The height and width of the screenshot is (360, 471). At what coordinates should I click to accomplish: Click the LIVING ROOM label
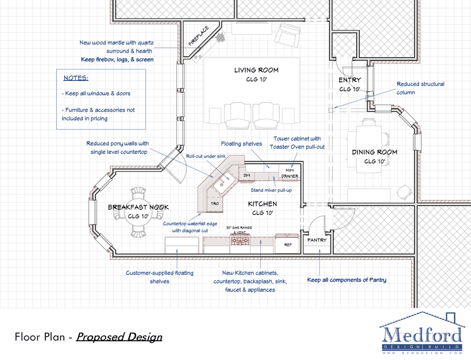click(256, 70)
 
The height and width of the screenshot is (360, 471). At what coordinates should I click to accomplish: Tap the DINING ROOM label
click(375, 152)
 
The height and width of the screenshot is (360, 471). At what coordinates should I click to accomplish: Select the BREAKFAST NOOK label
click(138, 207)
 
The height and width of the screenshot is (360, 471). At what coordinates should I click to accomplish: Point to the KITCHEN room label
click(262, 204)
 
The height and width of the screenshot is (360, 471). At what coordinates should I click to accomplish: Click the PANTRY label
click(316, 240)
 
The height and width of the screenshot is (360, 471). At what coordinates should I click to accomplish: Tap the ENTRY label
click(350, 80)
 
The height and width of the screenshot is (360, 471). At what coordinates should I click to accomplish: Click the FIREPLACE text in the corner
click(199, 36)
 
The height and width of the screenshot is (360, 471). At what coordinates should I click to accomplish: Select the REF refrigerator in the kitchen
click(288, 244)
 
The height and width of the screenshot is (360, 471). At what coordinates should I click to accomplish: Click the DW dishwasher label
click(246, 175)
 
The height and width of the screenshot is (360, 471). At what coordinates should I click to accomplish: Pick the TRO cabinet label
click(215, 204)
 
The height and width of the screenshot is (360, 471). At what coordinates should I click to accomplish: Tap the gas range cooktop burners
click(240, 240)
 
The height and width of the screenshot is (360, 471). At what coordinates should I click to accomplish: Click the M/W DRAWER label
click(290, 173)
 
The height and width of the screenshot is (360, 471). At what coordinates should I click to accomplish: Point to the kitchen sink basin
click(224, 182)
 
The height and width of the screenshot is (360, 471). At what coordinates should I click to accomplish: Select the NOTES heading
click(76, 78)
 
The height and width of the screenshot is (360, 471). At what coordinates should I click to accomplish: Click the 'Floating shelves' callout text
click(241, 144)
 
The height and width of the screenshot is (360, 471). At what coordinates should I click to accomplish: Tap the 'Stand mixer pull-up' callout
click(271, 190)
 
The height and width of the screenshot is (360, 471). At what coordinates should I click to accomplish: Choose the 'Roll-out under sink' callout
click(206, 156)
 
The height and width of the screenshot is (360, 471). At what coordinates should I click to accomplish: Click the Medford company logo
click(422, 333)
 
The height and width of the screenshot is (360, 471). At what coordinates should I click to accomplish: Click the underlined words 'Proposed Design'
click(119, 337)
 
